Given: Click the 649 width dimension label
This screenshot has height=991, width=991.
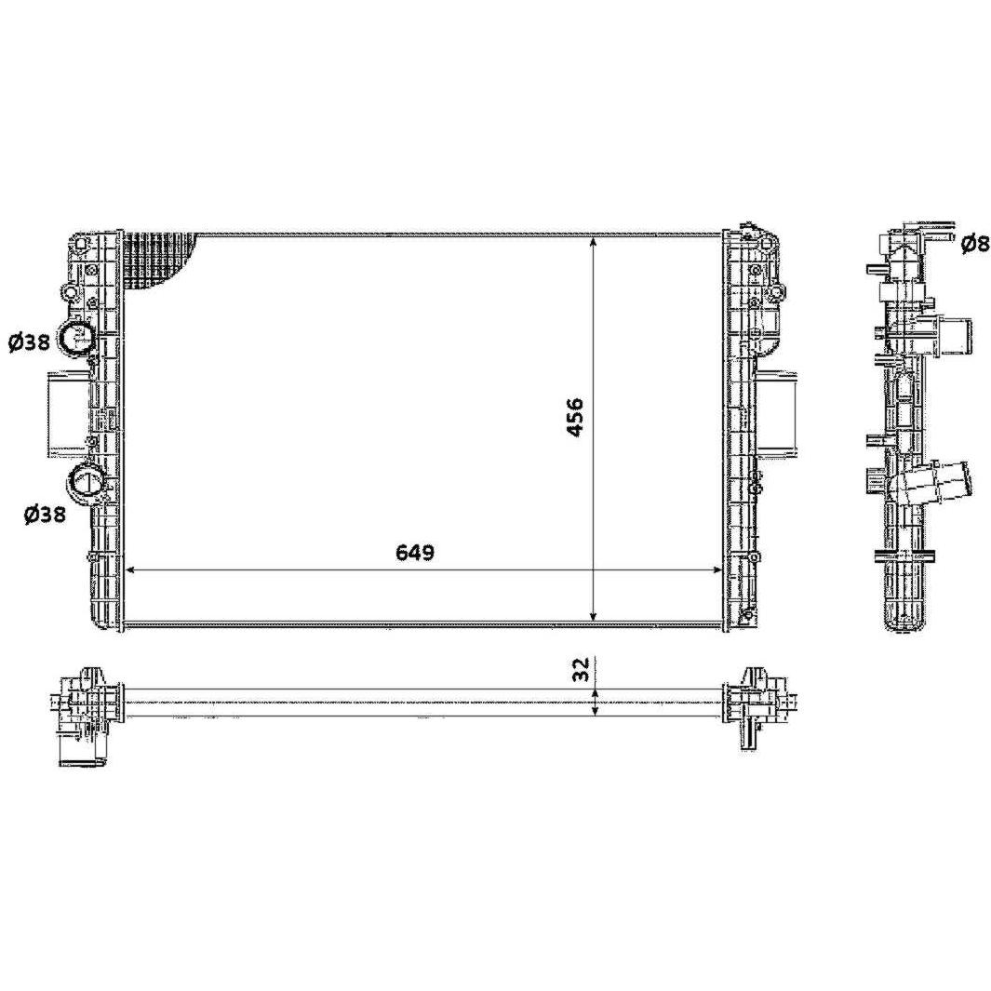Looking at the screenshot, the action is click(415, 552).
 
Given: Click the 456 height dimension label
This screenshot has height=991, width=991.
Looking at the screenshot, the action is click(575, 418).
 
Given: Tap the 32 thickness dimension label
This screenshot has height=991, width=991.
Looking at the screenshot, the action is click(583, 669).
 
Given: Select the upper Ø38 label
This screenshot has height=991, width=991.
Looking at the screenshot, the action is click(29, 342).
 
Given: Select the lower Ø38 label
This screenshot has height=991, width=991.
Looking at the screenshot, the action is click(45, 516).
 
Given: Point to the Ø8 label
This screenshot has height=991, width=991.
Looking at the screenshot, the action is click(975, 244).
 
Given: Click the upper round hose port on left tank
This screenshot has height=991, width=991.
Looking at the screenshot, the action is click(76, 338).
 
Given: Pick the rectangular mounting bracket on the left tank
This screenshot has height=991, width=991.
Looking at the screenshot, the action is click(66, 413).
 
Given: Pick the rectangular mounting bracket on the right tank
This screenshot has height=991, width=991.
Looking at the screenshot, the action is click(779, 413).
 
